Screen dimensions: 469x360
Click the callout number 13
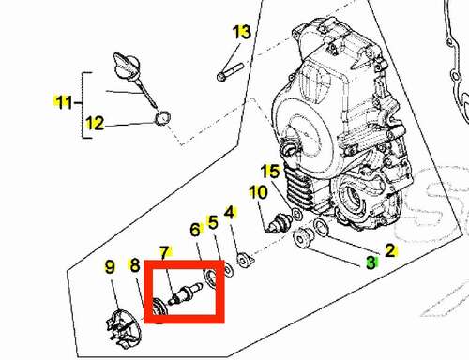[242, 32]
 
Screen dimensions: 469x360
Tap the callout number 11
[64, 102]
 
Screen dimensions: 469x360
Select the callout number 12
[95, 123]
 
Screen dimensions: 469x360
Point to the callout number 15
[270, 172]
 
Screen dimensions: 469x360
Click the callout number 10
[258, 192]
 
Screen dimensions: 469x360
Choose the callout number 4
[230, 213]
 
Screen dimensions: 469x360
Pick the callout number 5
[213, 222]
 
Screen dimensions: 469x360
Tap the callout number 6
[195, 230]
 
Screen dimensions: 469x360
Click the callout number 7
[164, 252]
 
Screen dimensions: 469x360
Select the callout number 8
[135, 265]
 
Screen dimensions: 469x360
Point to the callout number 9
[110, 267]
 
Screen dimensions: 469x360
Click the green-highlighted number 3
[371, 262]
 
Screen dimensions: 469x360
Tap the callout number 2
[390, 250]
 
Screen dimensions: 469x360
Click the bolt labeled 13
[230, 72]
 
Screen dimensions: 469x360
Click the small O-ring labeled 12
[162, 118]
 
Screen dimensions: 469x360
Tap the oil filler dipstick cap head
[127, 67]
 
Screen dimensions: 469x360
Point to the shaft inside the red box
[185, 293]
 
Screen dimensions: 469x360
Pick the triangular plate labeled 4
[245, 261]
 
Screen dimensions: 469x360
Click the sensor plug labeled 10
[280, 222]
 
